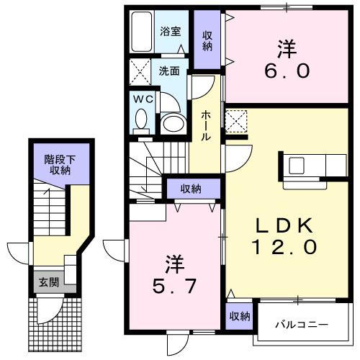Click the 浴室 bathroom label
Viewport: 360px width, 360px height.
pos(170,32)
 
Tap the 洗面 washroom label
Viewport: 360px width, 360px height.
pos(170,72)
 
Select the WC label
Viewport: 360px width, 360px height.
pos(141,100)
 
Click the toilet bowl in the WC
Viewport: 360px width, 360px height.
pos(141,121)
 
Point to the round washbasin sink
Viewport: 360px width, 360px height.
pos(173,123)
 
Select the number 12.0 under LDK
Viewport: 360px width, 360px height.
pos(284,247)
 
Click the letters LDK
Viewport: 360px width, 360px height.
pos(284,225)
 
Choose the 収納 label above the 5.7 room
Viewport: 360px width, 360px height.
pos(191,189)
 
